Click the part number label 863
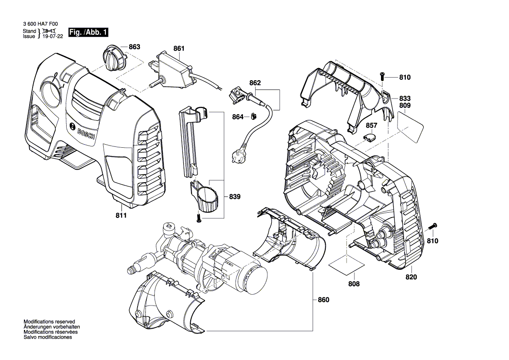[134, 47]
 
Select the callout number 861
[179, 49]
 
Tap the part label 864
[238, 117]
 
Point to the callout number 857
[371, 125]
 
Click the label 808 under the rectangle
[354, 284]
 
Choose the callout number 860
[324, 300]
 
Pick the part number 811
[121, 216]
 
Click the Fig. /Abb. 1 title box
[88, 33]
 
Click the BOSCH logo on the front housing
[86, 133]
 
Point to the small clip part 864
[253, 116]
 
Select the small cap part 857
[370, 138]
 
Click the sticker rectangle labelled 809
[410, 125]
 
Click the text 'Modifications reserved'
[49, 321]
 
